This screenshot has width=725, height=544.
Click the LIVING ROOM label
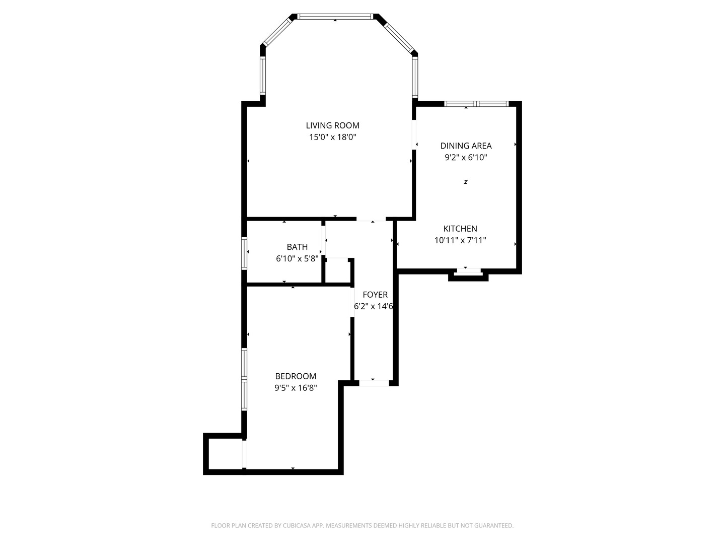[x=332, y=125]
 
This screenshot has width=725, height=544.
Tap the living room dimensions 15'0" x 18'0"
[x=332, y=137]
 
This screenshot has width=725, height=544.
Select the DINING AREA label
[x=466, y=146]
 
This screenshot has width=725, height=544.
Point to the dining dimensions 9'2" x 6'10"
[x=466, y=157]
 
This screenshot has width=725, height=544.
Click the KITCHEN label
[x=460, y=229]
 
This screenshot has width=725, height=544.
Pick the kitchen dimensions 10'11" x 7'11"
[x=460, y=240]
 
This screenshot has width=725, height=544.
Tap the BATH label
[x=297, y=247]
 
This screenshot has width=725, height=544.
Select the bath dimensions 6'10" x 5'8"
[x=297, y=258]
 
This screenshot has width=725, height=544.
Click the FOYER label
[x=375, y=295]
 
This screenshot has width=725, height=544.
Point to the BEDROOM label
[x=296, y=376]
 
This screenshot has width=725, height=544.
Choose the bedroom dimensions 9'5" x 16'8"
[x=296, y=388]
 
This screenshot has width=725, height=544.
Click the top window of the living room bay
[x=335, y=17]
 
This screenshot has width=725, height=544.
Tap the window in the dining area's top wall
[x=476, y=104]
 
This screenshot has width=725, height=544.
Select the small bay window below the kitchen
[x=468, y=271]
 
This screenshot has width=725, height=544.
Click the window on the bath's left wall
[x=244, y=253]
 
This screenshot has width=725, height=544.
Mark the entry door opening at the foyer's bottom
[x=374, y=383]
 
